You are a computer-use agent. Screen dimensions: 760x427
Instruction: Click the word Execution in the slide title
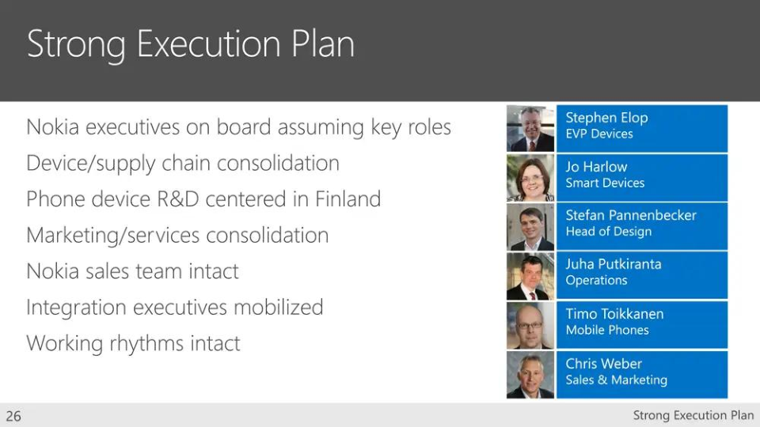click(208, 44)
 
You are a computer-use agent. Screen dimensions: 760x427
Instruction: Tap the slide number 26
click(13, 416)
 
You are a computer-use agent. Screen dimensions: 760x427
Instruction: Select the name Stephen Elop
click(606, 118)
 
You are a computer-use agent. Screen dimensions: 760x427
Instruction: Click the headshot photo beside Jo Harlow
click(530, 178)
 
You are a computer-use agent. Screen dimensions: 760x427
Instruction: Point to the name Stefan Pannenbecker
click(631, 215)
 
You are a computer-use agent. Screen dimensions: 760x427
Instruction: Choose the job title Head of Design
click(608, 232)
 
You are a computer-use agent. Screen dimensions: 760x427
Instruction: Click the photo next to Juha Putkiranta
click(530, 277)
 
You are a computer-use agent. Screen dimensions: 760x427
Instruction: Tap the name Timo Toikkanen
click(614, 314)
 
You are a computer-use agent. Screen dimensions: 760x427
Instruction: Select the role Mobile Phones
click(607, 331)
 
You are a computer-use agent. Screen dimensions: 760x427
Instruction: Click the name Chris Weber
click(603, 364)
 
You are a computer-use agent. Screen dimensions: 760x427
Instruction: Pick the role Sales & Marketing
click(616, 380)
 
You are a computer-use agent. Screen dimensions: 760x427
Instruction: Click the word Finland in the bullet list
click(348, 199)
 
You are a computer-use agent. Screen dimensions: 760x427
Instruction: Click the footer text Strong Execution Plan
click(693, 415)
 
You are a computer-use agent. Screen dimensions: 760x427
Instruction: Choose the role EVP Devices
click(599, 134)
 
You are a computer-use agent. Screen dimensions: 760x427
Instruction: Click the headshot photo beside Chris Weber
click(530, 375)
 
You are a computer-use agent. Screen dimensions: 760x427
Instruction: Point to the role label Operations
click(596, 281)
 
